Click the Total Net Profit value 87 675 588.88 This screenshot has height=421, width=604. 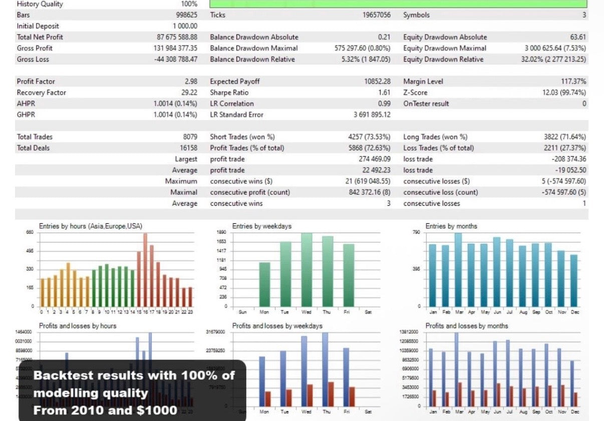coord(177,37)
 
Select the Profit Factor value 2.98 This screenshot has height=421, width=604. coord(191,81)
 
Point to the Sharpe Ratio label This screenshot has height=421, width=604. coord(229,93)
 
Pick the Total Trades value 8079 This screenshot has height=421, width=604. coord(190,137)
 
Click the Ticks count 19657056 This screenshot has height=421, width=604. coord(377,15)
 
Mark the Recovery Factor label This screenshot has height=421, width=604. coord(41,93)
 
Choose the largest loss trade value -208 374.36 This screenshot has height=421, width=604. coord(568,159)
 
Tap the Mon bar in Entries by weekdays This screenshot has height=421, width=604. coord(264,284)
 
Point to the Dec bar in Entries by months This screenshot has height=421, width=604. coord(573,281)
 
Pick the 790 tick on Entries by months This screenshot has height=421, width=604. coord(416,232)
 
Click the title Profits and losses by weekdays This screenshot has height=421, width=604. coord(277,326)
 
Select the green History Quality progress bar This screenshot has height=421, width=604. coord(398,4)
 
